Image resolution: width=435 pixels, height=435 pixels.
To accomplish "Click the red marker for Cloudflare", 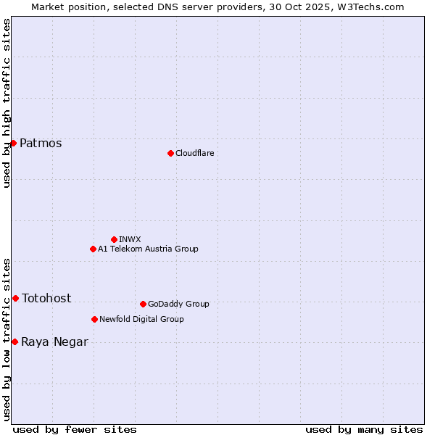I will [x=170, y=153].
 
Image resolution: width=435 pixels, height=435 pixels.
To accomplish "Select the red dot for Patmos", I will [x=13, y=143].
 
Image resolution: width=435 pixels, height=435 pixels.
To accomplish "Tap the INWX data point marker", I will [x=114, y=239].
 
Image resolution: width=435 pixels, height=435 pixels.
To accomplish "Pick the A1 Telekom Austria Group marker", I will [x=93, y=249].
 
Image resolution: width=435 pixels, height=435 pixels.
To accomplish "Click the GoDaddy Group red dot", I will [x=143, y=304].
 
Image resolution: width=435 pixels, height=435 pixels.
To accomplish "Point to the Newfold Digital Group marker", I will [x=94, y=319].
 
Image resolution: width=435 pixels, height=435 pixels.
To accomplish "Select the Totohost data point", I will [x=15, y=298].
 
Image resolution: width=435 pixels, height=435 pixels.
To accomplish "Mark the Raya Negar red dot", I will [x=14, y=341].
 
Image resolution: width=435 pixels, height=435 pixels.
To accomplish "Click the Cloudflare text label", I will [x=194, y=153].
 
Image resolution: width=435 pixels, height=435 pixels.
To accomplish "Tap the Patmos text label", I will [x=41, y=143].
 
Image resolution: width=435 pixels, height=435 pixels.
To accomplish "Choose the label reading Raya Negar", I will [x=54, y=342].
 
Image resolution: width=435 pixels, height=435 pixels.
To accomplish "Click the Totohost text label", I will [x=46, y=298].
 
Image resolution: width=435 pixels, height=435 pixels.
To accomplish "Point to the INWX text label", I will [x=130, y=239].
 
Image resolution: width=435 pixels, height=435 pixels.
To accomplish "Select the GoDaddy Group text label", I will [x=178, y=304].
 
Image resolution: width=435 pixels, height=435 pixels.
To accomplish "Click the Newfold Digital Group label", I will [x=141, y=319].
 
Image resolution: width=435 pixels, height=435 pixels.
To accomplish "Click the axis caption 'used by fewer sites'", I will [x=75, y=429].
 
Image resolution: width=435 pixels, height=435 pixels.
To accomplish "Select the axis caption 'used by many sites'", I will [x=364, y=429].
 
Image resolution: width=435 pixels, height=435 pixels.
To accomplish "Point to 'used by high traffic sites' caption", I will [x=7, y=103].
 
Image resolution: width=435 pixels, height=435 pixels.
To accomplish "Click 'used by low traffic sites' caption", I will [x=7, y=339].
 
